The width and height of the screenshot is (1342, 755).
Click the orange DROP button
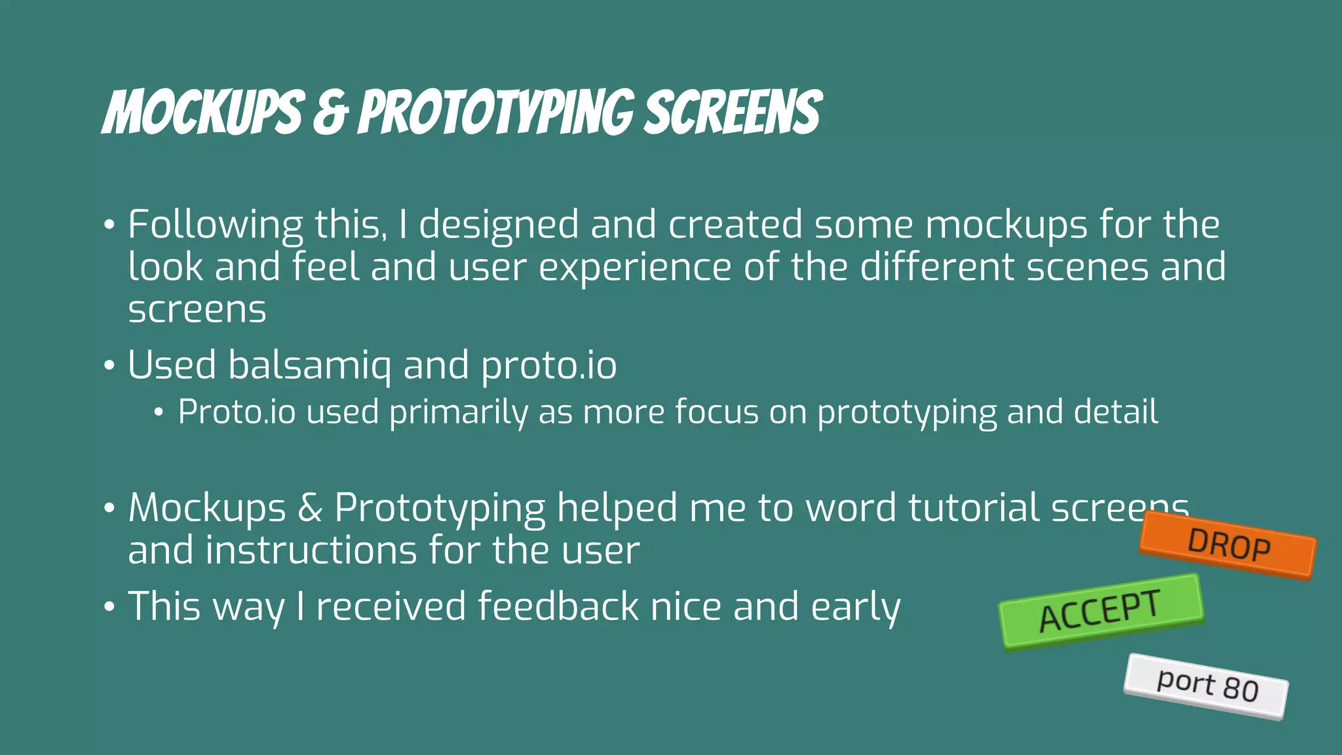[1227, 545]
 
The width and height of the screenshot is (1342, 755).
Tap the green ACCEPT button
[1101, 611]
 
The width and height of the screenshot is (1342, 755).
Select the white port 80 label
[1206, 686]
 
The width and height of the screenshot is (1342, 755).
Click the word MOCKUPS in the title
[204, 113]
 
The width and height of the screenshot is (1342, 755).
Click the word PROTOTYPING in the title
[496, 113]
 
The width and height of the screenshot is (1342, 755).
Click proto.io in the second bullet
[548, 365]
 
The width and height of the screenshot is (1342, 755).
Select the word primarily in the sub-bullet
[458, 412]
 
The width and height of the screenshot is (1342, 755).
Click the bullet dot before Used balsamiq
[109, 366]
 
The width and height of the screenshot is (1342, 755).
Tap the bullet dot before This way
[109, 607]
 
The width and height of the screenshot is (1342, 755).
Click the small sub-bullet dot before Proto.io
[158, 413]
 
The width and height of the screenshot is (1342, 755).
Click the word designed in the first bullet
[499, 225]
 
